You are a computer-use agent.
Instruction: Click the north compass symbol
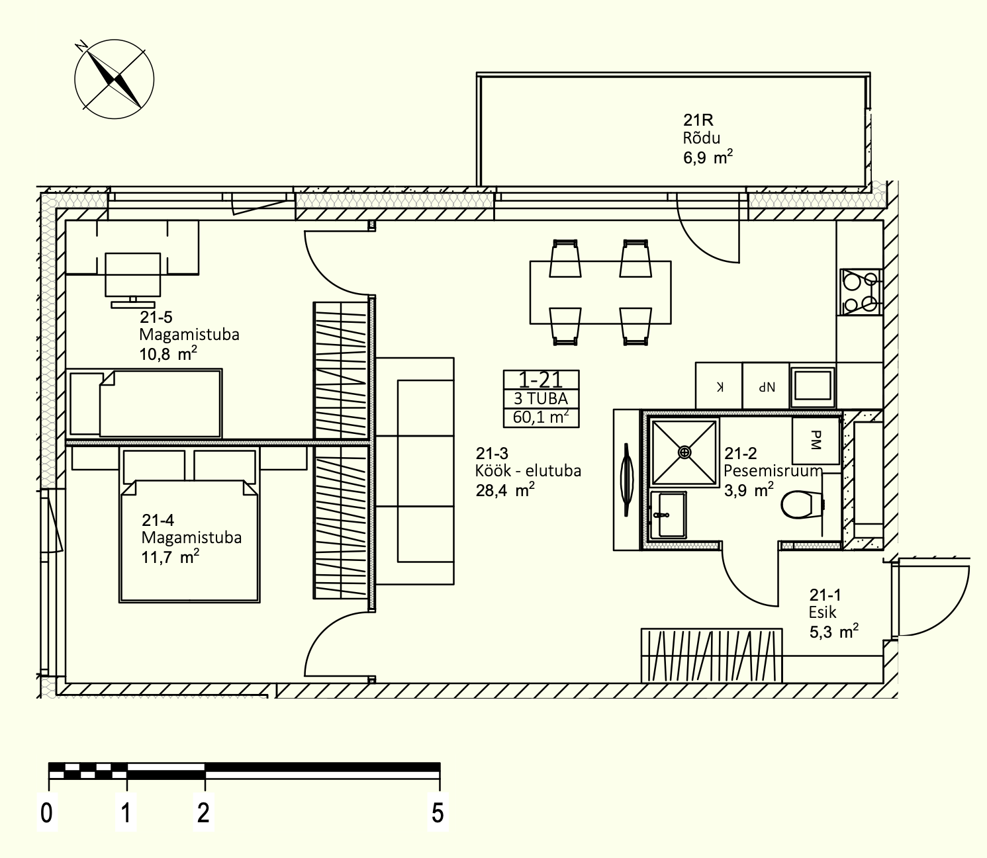click(115, 79)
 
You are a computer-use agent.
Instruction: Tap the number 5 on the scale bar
click(438, 813)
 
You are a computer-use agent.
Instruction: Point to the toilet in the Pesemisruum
click(802, 504)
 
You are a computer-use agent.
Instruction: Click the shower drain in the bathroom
click(684, 452)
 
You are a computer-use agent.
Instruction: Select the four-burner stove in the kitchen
click(861, 292)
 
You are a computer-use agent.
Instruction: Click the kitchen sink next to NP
click(812, 386)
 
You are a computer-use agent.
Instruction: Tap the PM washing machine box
click(816, 441)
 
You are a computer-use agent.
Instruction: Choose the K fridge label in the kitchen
click(720, 386)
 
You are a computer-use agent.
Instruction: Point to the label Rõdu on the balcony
click(702, 138)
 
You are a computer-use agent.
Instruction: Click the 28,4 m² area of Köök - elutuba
click(505, 491)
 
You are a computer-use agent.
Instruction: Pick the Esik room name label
click(822, 613)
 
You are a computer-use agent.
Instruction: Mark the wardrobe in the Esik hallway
click(712, 655)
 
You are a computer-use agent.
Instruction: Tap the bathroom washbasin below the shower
click(668, 515)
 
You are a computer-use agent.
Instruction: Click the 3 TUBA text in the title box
click(541, 399)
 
